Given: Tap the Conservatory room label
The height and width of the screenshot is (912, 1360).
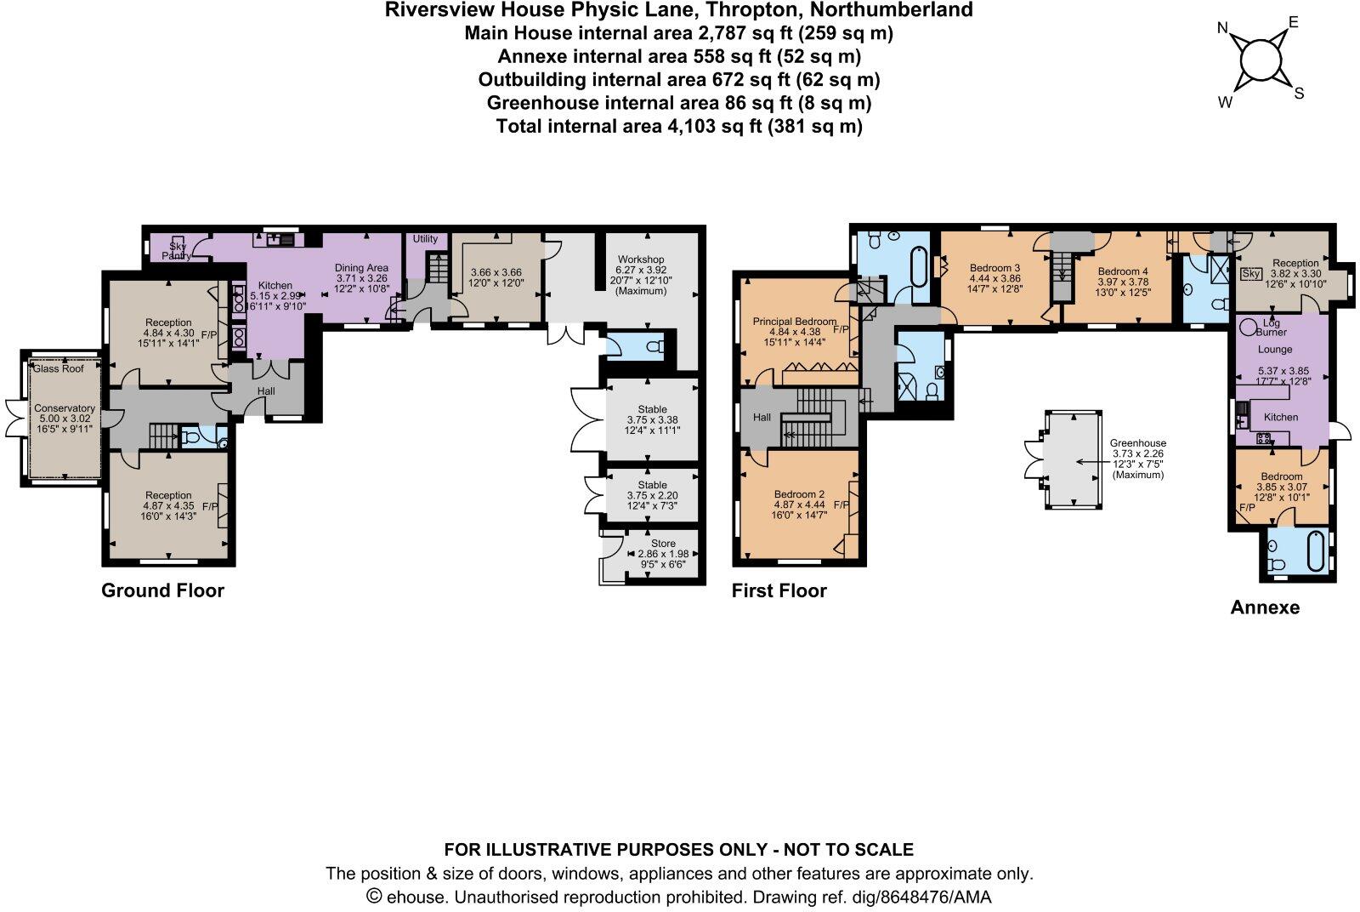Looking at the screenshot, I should (x=65, y=408).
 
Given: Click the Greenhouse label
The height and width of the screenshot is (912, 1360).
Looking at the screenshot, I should (x=1137, y=443).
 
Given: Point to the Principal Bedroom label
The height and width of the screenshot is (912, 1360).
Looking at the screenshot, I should (x=794, y=322).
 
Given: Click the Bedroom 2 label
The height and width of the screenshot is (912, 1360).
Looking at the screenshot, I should (x=799, y=494).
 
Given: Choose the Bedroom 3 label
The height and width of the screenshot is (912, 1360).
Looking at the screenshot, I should (x=994, y=267).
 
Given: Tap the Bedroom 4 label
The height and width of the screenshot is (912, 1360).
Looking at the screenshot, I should (x=1116, y=271).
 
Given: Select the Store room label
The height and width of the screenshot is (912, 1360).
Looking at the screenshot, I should (x=663, y=544).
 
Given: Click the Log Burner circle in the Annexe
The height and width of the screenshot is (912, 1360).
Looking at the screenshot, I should (x=1248, y=327).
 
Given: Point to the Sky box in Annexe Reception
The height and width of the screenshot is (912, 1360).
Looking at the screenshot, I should (x=1251, y=274).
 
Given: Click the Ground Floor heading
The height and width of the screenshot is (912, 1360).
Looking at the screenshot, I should (x=162, y=590).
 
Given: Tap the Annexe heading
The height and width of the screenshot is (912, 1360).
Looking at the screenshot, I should (x=1265, y=607).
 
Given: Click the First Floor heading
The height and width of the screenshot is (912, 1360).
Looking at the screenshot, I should (x=779, y=590).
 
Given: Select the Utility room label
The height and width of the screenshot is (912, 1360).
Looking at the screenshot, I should (x=425, y=239).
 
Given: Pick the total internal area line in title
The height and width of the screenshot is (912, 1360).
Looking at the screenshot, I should (x=678, y=127).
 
